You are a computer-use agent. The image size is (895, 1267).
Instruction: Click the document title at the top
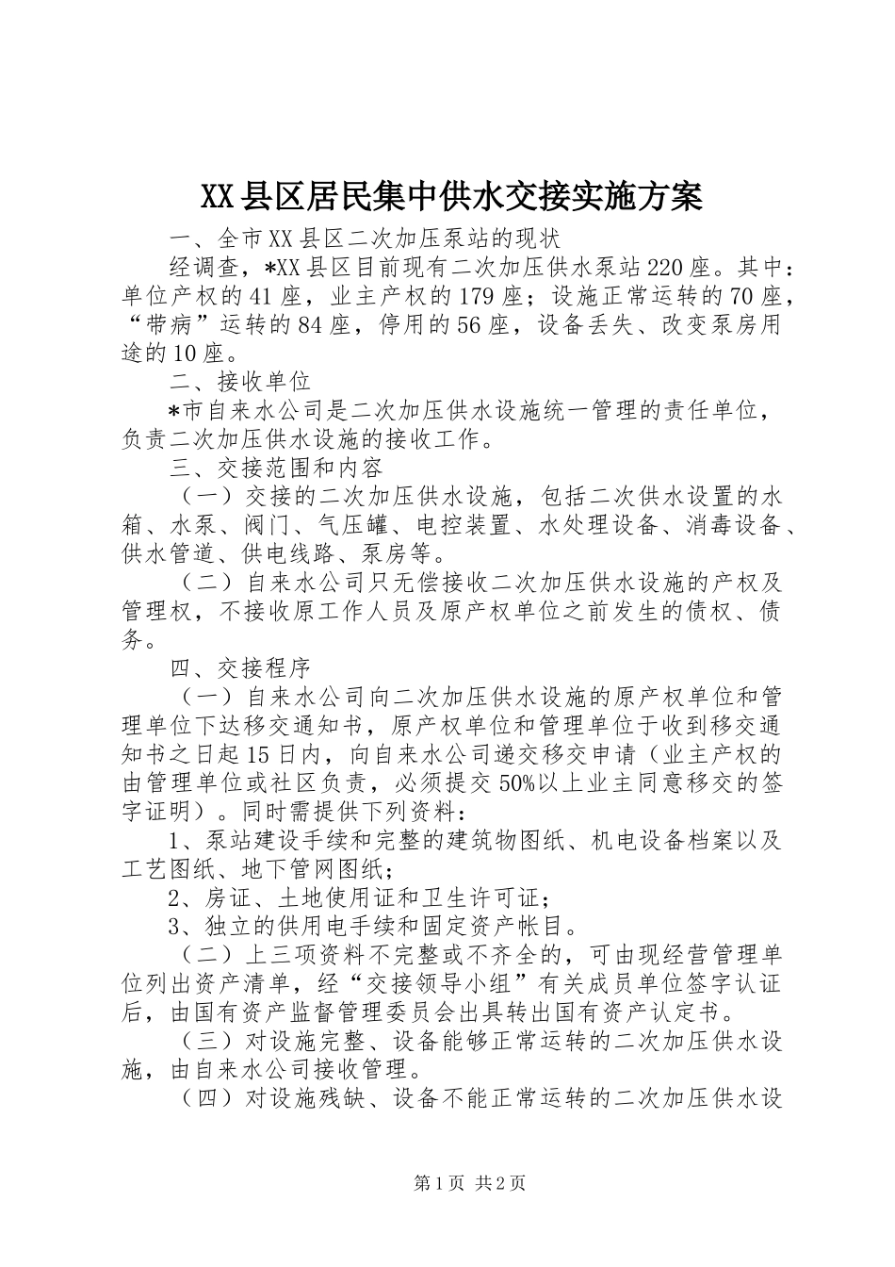[x=451, y=196]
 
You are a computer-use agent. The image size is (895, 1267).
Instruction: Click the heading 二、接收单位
[x=240, y=383]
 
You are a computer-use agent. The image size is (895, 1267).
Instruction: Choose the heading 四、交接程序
[x=240, y=669]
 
